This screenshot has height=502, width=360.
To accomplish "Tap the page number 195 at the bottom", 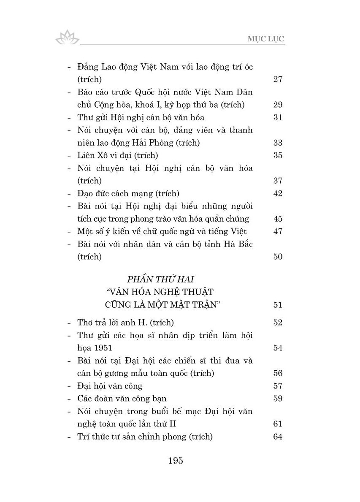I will coord(175,461).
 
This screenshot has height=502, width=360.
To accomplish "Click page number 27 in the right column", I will coord(277,79).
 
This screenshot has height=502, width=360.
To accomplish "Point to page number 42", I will coord(277,193).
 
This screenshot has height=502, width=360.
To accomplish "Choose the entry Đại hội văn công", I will coord(110,386).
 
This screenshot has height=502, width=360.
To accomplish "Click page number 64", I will coord(277,437).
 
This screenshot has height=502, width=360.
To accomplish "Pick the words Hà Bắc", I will coord(238,244).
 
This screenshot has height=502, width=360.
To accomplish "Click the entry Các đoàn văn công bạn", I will coord(122,399).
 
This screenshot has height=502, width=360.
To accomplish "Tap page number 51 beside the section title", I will coord(277,305).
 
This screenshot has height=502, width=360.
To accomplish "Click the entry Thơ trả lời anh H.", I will coord(126,323).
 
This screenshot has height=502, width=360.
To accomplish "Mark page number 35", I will coord(277,155).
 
